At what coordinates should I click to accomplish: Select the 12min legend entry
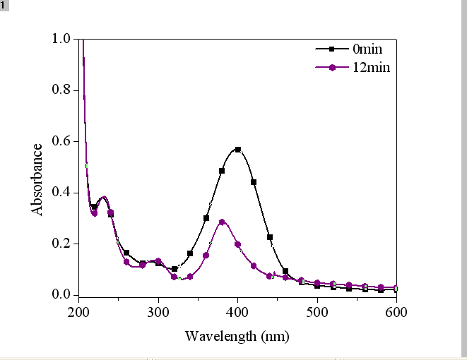click(x=370, y=68)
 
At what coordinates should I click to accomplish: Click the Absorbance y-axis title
click(x=37, y=179)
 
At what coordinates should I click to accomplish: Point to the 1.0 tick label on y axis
click(x=61, y=39)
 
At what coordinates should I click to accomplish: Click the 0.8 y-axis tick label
click(x=61, y=90)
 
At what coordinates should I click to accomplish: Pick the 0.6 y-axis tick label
click(x=61, y=141)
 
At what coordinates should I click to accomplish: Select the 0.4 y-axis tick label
click(x=61, y=193)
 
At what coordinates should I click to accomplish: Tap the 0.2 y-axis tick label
click(x=61, y=244)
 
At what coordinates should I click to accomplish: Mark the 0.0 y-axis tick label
click(x=61, y=294)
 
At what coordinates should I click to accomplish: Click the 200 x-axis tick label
click(x=78, y=311)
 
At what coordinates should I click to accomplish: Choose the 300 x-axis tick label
click(x=158, y=311)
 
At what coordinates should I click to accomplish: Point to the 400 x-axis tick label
click(x=238, y=311)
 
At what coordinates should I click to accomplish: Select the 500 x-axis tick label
click(x=317, y=311)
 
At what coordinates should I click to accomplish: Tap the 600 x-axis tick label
click(x=396, y=311)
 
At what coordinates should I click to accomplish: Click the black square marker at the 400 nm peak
click(x=238, y=150)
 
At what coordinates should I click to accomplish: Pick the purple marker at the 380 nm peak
click(x=222, y=222)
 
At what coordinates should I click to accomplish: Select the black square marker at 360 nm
click(x=206, y=218)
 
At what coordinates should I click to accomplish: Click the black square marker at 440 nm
click(x=270, y=237)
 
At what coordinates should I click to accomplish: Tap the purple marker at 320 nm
click(x=175, y=277)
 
